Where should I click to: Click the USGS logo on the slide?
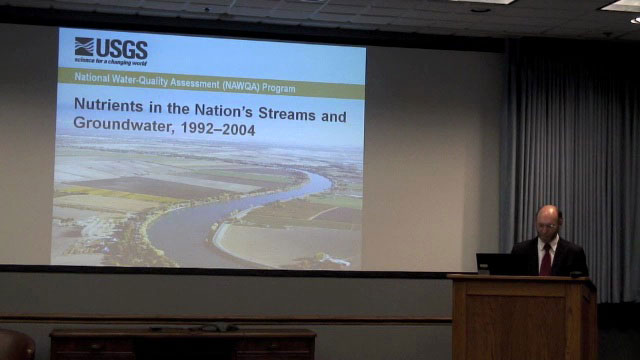click(x=111, y=51)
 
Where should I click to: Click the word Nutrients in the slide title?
click(x=108, y=105)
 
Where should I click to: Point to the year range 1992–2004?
click(x=218, y=129)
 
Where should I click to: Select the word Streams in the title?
click(x=287, y=114)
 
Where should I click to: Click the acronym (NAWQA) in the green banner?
click(x=241, y=85)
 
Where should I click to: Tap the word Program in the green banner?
click(x=279, y=88)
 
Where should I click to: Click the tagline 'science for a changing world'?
click(x=110, y=62)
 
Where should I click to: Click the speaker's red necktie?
click(x=546, y=260)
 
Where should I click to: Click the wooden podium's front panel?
click(x=516, y=327)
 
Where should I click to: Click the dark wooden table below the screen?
click(x=182, y=344)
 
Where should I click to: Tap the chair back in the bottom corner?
click(x=16, y=345)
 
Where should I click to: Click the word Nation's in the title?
click(x=223, y=110)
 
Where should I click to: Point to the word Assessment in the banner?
click(x=195, y=83)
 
